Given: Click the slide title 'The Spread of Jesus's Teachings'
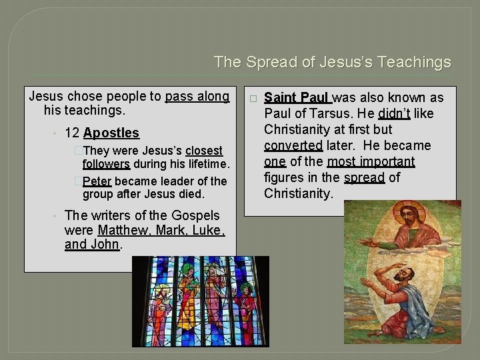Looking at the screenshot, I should point(332,63).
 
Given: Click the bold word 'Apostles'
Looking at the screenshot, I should point(111,133).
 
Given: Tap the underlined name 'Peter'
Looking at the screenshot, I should point(97,181).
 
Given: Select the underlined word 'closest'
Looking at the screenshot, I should point(204,151).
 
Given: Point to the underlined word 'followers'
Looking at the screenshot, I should point(106,164).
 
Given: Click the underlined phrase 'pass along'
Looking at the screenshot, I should point(197,97).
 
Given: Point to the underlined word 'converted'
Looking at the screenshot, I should point(293,145).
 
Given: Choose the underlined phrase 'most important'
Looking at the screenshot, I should point(371,161).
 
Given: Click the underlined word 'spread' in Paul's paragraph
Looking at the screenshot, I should point(365,177).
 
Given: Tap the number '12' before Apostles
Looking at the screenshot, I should point(72,133).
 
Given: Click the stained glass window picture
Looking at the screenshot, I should point(200,301).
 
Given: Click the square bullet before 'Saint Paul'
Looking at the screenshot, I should point(252,98).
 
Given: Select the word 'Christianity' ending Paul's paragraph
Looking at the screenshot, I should point(298,193).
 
